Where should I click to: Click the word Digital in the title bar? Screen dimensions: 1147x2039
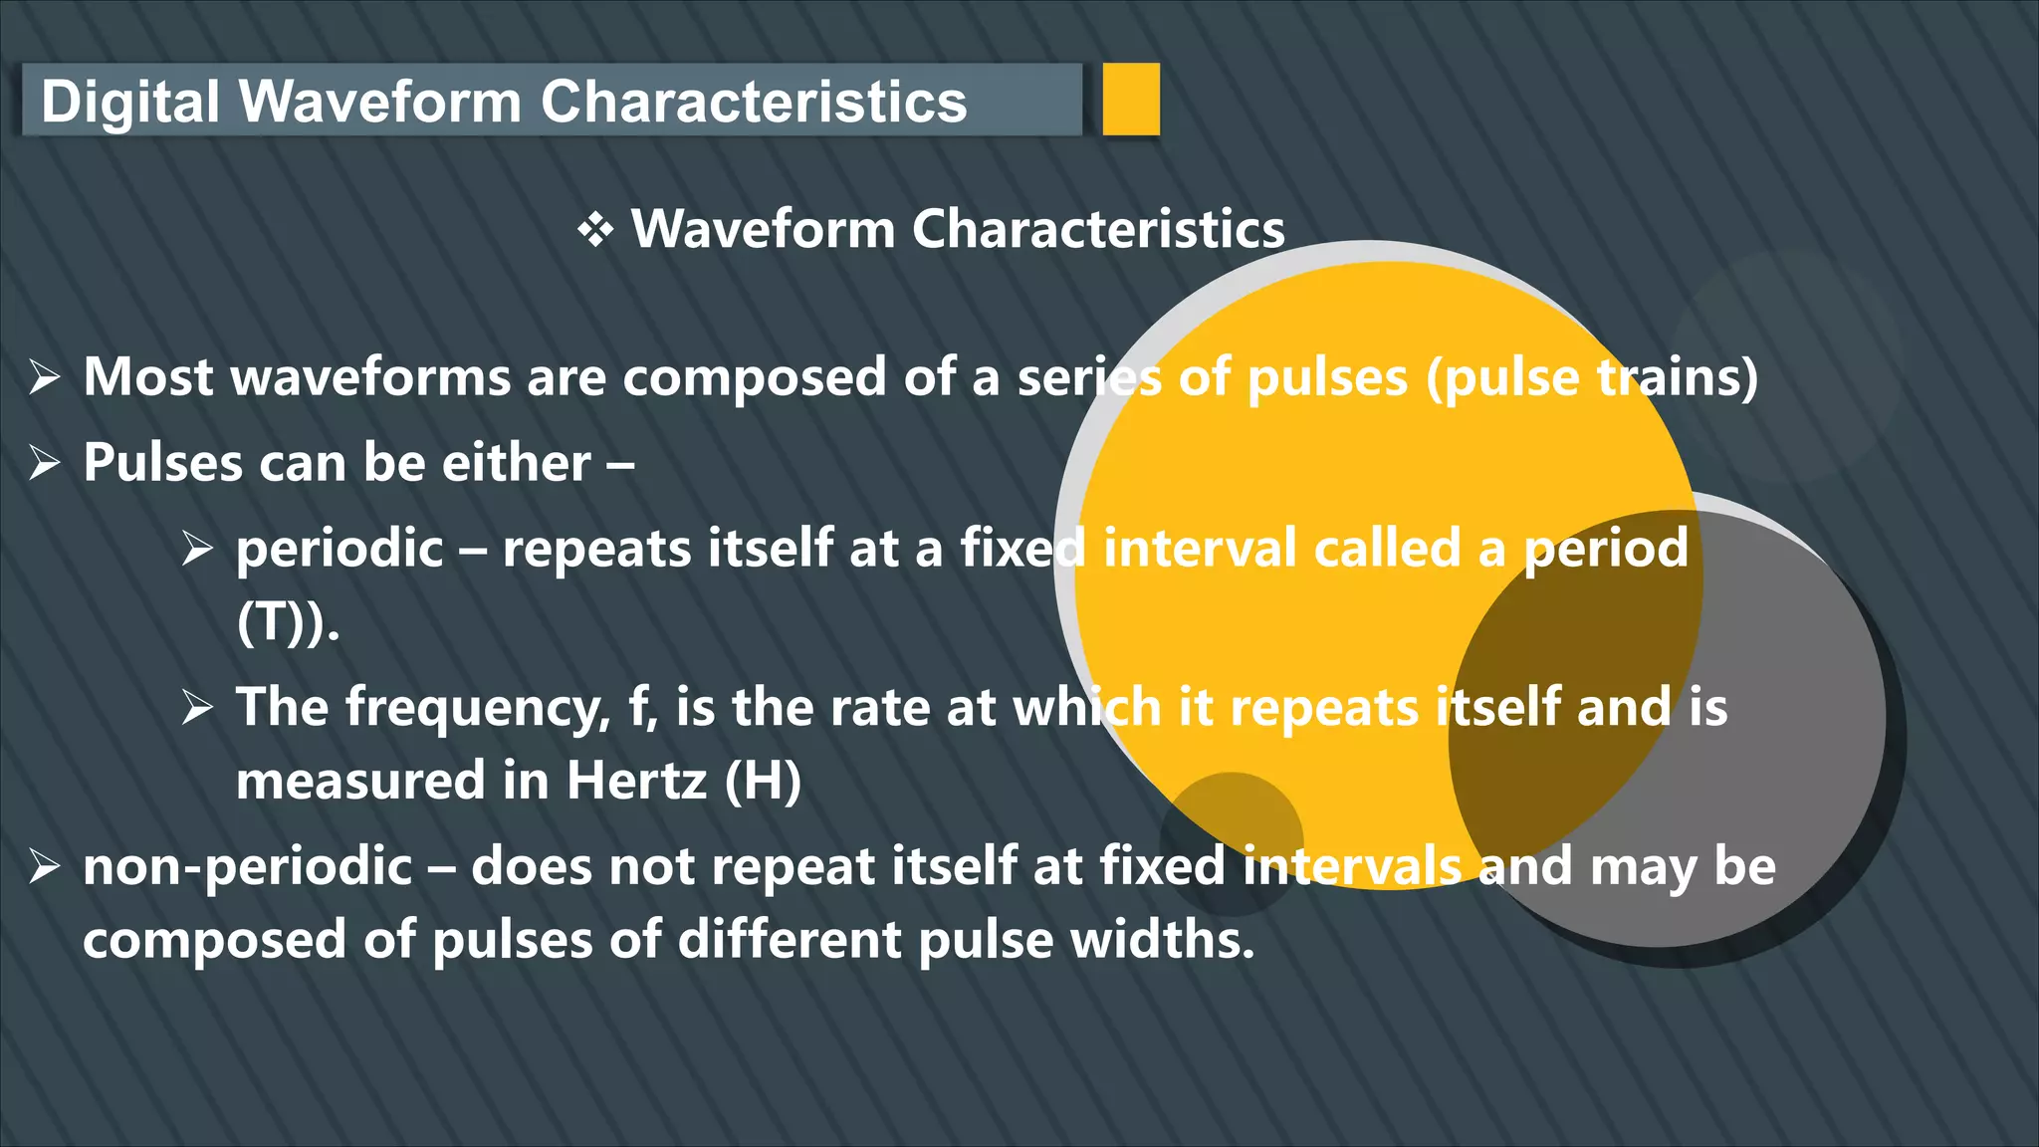pos(129,102)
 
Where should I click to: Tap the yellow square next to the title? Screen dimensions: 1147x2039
pos(1131,99)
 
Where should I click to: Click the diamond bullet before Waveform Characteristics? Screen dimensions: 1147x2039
pos(595,230)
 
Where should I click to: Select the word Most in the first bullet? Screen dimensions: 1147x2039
pos(148,377)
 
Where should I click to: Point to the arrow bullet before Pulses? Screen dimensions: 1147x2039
pos(45,463)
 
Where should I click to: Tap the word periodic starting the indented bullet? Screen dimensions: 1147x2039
pos(340,549)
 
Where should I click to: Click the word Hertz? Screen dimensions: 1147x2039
pos(636,781)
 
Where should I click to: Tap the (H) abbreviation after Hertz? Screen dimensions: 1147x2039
pos(763,781)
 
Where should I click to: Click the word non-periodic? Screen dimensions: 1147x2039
pos(247,866)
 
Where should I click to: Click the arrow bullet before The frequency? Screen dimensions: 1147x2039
pos(198,708)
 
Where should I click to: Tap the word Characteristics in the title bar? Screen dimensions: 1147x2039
pos(754,102)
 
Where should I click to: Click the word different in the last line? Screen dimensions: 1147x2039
pos(790,940)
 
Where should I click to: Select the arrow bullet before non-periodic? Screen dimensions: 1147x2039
pos(45,866)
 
